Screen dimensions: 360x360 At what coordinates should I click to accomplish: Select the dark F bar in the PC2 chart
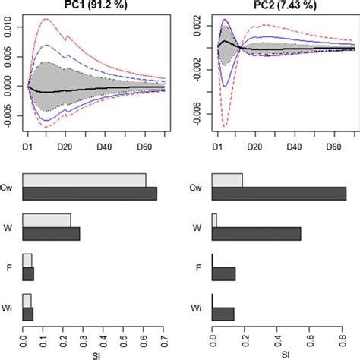(x=223, y=274)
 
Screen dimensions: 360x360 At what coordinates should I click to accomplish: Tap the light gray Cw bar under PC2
(x=227, y=180)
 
